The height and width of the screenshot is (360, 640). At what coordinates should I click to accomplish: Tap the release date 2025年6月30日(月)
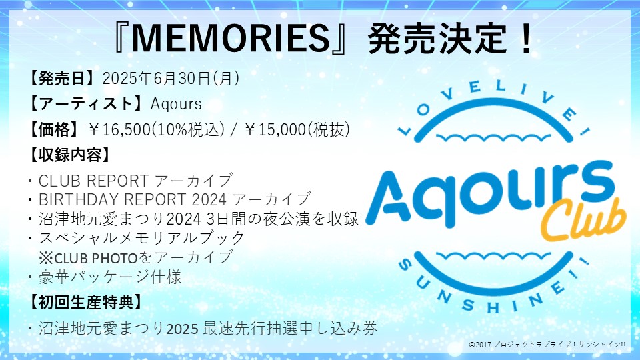pos(171,79)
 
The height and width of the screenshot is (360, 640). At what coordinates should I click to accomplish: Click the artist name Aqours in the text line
pos(176,104)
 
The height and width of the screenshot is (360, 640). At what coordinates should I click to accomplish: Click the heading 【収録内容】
pos(69,155)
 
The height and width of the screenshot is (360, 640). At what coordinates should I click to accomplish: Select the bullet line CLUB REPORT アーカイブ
pos(136,180)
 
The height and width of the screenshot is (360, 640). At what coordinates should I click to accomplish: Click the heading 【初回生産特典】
pos(85,301)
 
